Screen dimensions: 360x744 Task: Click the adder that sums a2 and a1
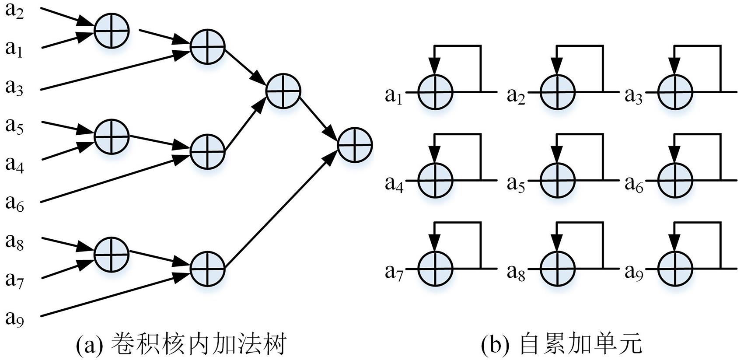(112, 31)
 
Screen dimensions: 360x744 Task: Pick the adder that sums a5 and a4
(112, 136)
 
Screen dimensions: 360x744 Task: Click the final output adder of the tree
(355, 144)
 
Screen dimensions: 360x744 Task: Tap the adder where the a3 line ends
(208, 46)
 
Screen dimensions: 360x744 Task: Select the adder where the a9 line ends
(208, 268)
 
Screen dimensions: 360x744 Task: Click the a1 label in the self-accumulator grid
(393, 96)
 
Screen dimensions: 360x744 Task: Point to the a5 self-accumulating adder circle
(557, 180)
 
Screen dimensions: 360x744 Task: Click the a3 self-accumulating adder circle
(676, 92)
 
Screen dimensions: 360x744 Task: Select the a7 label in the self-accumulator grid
(393, 272)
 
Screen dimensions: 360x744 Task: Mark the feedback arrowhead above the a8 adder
(557, 243)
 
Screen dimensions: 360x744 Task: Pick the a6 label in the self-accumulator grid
(634, 184)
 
